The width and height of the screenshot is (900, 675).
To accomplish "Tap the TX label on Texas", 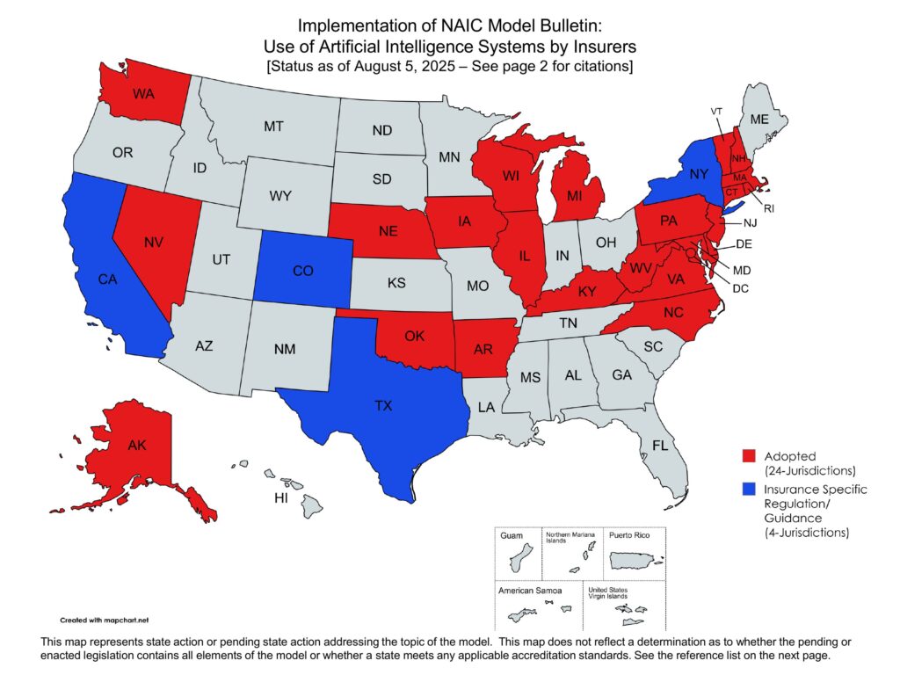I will [383, 406].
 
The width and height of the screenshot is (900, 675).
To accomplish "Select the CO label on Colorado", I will [302, 272].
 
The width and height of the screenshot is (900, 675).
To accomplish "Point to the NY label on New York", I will [699, 175].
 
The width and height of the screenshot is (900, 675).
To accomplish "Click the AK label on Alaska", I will [136, 446].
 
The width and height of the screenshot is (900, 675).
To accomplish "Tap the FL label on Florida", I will [660, 446].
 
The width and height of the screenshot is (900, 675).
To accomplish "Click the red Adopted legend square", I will [749, 456].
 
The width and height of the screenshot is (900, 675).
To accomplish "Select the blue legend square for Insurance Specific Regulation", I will [749, 489].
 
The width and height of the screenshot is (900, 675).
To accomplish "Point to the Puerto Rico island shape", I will [635, 560].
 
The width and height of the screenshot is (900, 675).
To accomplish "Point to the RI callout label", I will [768, 209].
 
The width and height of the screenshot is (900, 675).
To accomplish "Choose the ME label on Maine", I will [758, 120].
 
